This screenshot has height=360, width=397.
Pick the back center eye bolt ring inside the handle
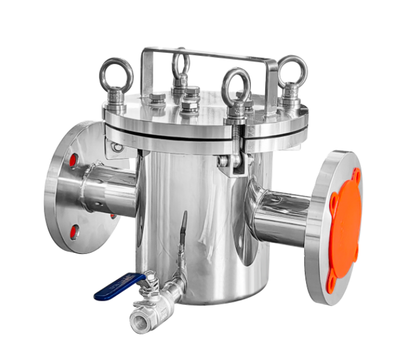[x=180, y=63]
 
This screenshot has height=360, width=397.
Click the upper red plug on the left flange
[x=72, y=160]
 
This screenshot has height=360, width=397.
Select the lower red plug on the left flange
[x=73, y=232]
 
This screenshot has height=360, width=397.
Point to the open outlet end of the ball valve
[x=140, y=320]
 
